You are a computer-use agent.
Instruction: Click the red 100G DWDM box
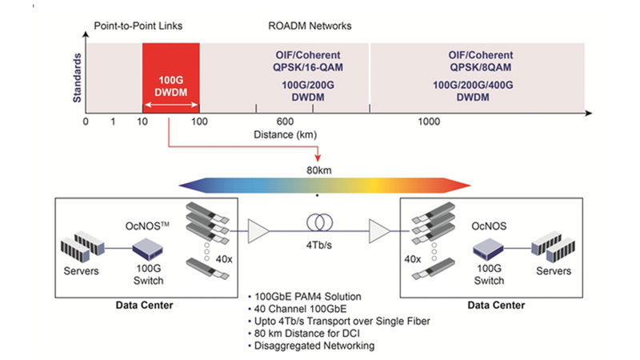170,78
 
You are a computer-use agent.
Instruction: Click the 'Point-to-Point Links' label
138,26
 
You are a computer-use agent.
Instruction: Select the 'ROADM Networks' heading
309,26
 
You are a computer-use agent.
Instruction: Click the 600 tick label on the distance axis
286,121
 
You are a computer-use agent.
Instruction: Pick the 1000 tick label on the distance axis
429,121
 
